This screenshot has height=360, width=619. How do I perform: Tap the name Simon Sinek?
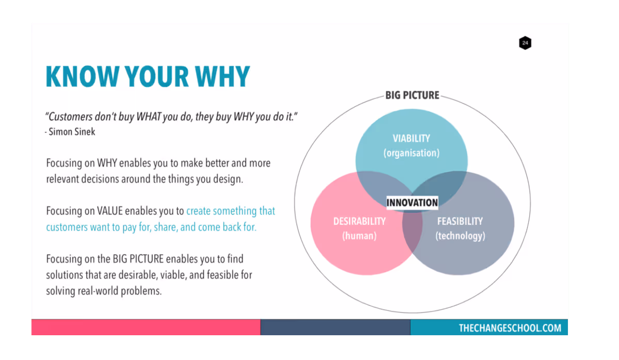(72, 132)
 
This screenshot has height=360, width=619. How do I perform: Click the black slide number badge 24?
(525, 43)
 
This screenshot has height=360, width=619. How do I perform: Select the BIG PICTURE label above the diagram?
(412, 95)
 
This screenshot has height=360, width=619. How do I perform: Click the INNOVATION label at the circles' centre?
(412, 203)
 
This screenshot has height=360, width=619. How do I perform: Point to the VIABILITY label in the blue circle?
(411, 138)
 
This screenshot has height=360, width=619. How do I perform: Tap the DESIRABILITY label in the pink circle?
(360, 221)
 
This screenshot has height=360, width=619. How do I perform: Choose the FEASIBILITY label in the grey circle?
(460, 221)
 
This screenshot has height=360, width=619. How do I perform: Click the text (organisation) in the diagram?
(411, 153)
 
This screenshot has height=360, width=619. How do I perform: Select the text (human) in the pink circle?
(360, 236)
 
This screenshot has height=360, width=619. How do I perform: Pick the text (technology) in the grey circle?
(460, 236)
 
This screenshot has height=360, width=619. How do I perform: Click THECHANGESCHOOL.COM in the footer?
(510, 328)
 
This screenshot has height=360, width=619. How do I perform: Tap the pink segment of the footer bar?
(145, 328)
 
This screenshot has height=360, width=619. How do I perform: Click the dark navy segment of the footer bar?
(335, 328)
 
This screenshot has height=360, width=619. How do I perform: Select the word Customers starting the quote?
(71, 117)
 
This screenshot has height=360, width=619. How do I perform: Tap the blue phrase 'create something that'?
(231, 211)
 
